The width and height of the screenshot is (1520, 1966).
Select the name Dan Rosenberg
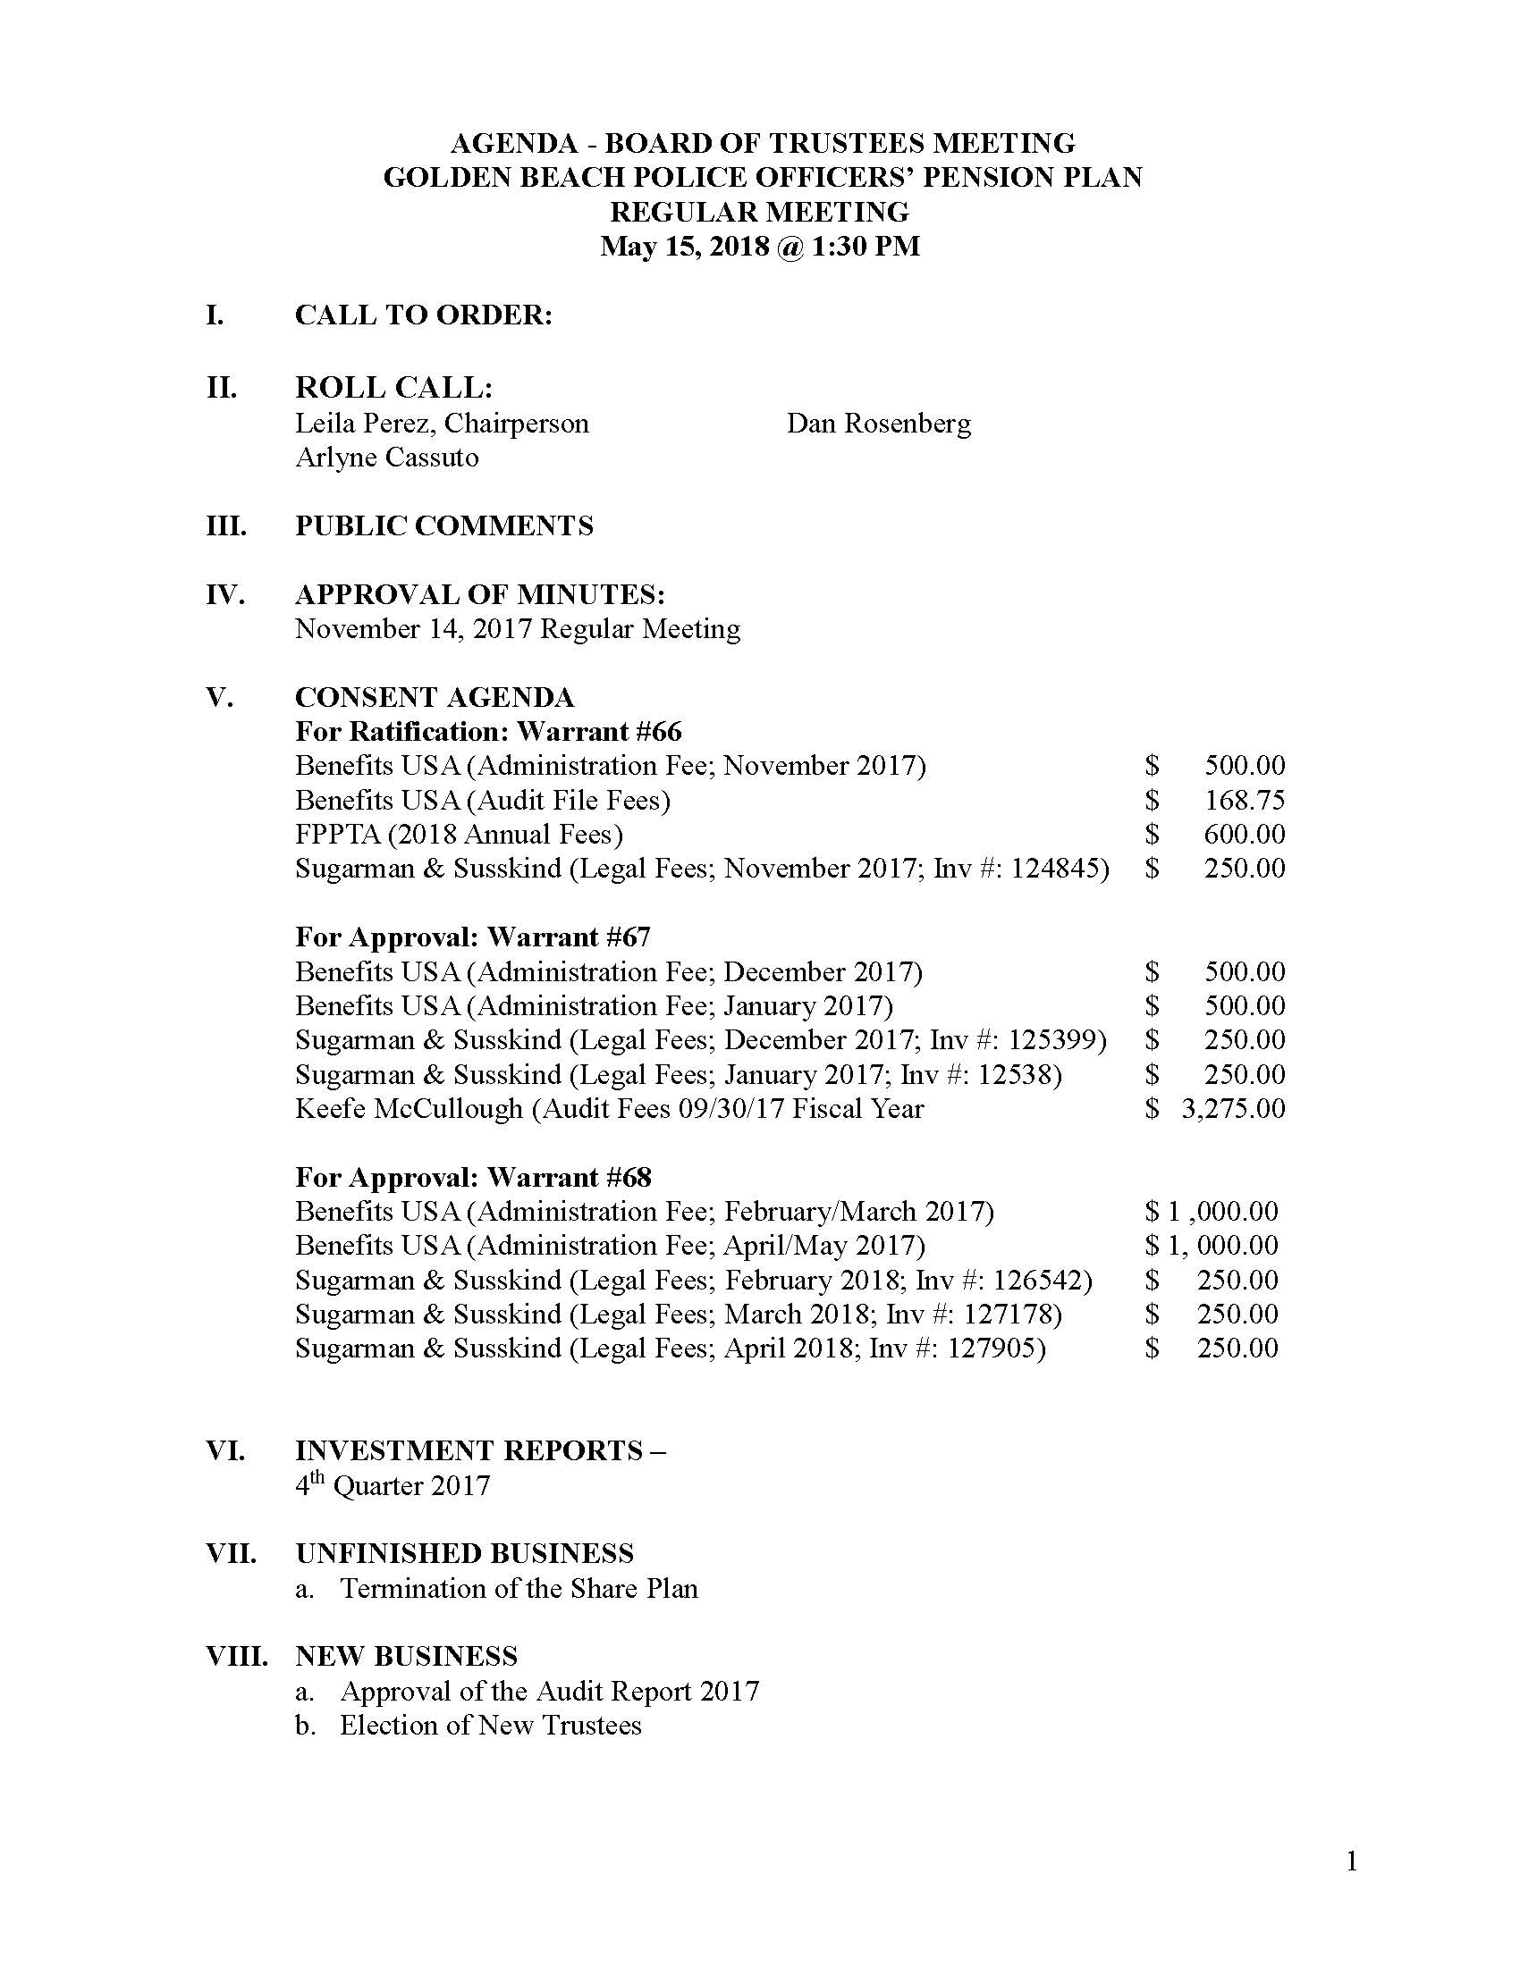click(878, 423)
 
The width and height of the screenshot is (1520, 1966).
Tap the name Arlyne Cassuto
click(386, 458)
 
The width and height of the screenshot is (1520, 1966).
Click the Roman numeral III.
click(226, 525)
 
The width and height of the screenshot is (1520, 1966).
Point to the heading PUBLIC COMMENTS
click(444, 525)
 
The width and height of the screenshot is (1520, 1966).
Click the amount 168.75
click(1245, 800)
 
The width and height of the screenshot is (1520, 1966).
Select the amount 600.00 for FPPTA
click(1245, 834)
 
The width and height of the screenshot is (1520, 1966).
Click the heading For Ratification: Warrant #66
click(488, 731)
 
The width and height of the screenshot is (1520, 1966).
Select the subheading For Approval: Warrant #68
click(473, 1178)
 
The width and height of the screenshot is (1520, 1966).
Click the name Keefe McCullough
click(409, 1108)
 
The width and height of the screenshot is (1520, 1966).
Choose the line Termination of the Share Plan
click(519, 1588)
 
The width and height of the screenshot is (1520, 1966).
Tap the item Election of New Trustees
click(491, 1725)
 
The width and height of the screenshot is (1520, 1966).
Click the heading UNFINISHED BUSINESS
click(464, 1554)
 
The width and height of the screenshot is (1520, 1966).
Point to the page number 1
click(1352, 1861)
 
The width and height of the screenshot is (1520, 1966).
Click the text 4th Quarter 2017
click(393, 1485)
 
